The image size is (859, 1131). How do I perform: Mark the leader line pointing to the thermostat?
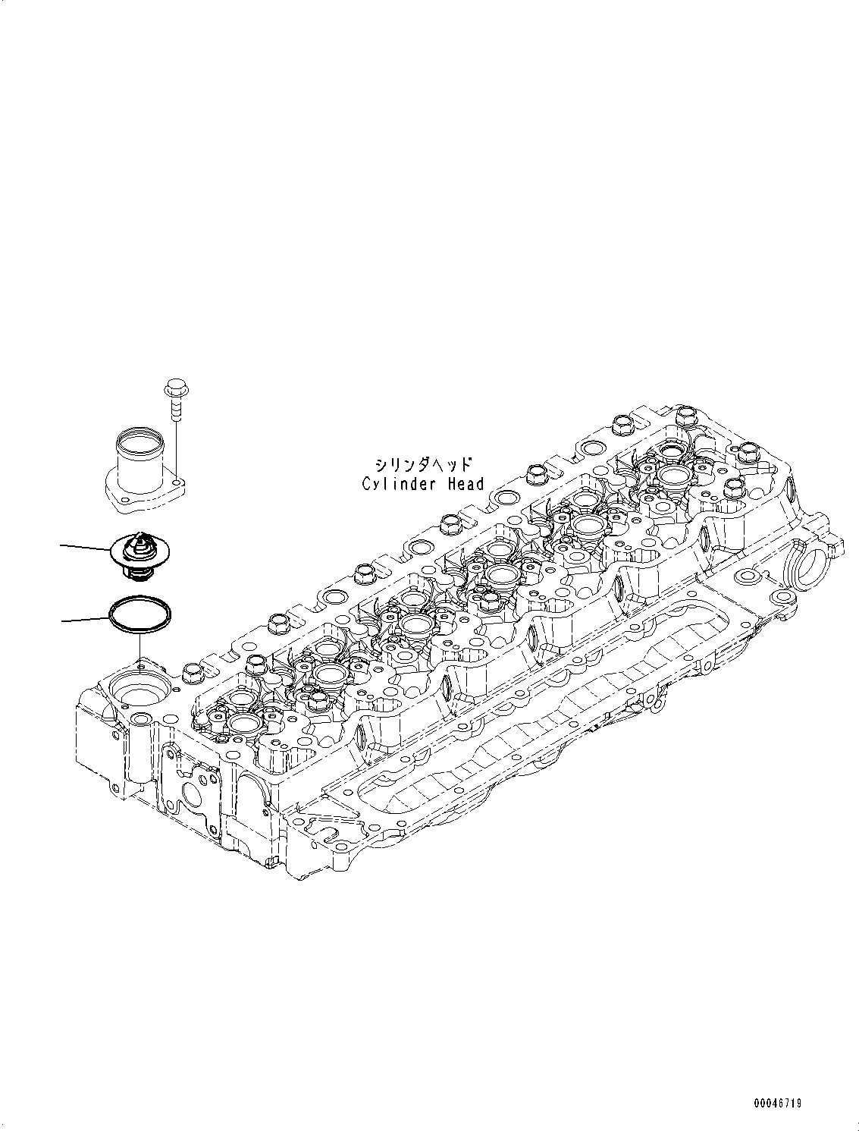(85, 546)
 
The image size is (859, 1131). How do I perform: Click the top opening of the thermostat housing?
(138, 438)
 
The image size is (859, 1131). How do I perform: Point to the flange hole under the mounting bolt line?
(176, 481)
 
